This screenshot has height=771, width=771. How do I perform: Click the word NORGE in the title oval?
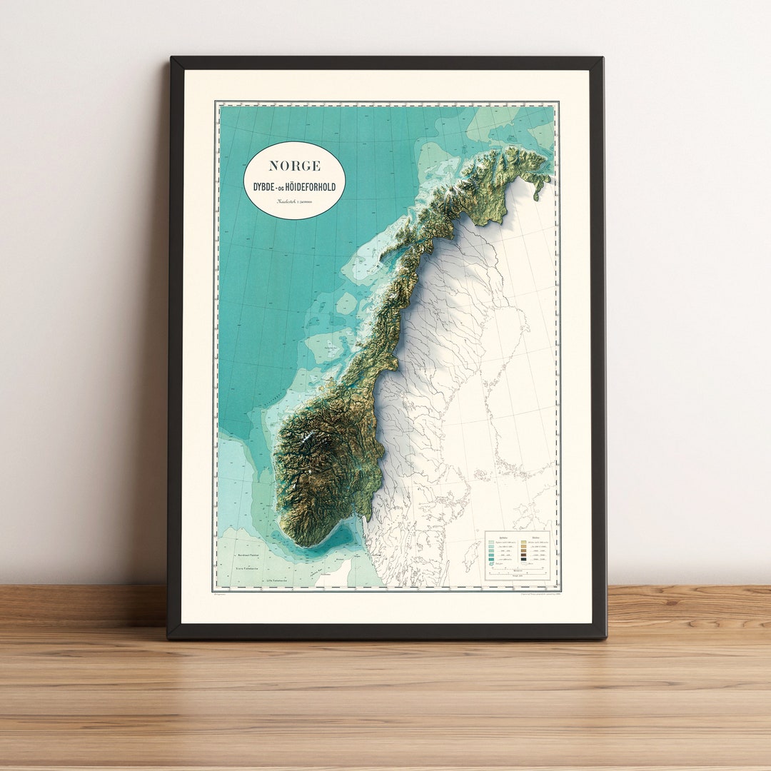294,166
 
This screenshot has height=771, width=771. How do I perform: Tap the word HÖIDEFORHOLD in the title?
311,188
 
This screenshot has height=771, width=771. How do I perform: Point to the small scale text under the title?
294,202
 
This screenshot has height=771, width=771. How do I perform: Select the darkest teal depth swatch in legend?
490,565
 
